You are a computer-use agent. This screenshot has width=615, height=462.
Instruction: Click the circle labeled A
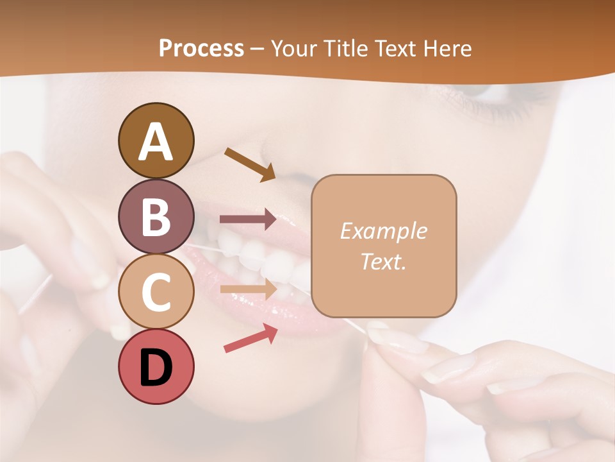point(156,141)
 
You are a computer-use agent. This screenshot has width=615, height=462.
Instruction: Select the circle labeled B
point(156,216)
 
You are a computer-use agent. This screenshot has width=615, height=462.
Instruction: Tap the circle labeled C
point(156,291)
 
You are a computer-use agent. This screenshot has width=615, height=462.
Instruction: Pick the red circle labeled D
point(156,366)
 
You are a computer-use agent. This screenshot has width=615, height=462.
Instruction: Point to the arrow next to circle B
point(248,219)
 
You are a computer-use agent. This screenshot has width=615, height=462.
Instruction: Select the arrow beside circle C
point(248,290)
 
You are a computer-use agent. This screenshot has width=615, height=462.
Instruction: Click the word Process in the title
point(201,48)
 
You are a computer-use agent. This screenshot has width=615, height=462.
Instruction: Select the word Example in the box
point(383,231)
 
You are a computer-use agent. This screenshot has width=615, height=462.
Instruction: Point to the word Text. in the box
point(383,261)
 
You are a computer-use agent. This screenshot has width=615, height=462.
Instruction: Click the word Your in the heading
point(292,48)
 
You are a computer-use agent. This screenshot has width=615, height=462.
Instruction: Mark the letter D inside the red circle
point(156,368)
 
